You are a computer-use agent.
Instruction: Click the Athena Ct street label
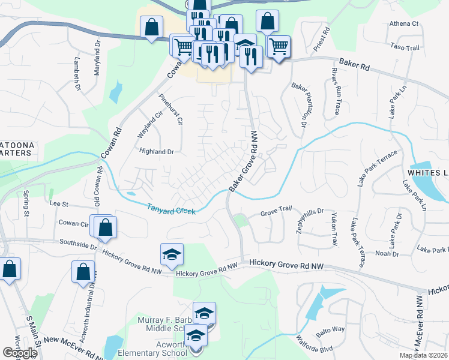(x=403, y=24)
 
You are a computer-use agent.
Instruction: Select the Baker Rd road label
(x=352, y=62)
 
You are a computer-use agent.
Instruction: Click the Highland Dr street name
(x=156, y=152)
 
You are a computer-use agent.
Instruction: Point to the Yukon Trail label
(x=334, y=232)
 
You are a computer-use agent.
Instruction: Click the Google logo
(x=20, y=353)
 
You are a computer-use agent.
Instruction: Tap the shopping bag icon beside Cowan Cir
(x=105, y=227)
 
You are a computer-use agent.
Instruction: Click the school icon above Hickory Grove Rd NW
(x=172, y=255)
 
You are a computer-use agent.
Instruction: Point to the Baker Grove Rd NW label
(x=244, y=162)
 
